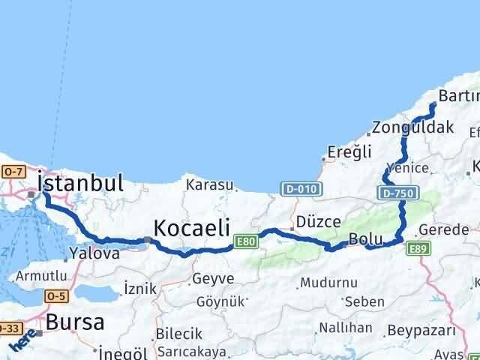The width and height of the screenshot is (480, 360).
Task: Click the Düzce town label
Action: (x=319, y=222)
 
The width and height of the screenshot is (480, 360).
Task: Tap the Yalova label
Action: (x=94, y=253)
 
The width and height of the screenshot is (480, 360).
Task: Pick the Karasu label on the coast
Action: (x=210, y=184)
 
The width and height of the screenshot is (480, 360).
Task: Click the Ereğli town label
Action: (x=349, y=152)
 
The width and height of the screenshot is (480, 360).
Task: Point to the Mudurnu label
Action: (x=322, y=283)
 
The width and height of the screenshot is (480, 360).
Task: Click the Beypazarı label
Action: (x=422, y=330)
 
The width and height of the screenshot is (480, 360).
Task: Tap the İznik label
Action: (x=140, y=287)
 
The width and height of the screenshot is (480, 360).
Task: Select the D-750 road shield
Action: (x=396, y=194)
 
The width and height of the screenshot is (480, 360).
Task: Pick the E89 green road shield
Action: (x=419, y=247)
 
